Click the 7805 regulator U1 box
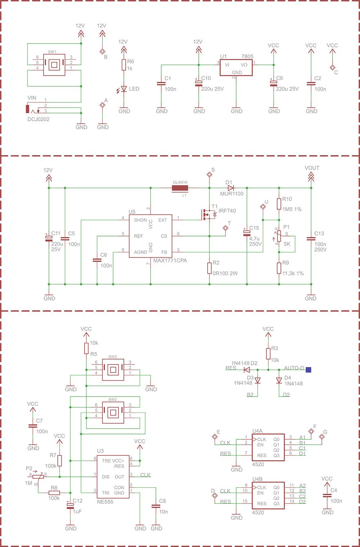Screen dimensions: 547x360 pyautogui.click(x=236, y=68)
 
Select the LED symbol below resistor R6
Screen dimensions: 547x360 pyautogui.click(x=124, y=89)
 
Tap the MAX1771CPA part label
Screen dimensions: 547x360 pyautogui.click(x=170, y=260)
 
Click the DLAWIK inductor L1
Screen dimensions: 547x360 pyautogui.click(x=180, y=187)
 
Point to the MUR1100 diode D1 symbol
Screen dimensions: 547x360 pyautogui.click(x=230, y=187)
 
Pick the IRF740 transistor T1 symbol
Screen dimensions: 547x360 pyautogui.click(x=208, y=215)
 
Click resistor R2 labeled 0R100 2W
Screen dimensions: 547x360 pyautogui.click(x=209, y=268)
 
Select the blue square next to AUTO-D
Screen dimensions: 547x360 pyautogui.click(x=309, y=369)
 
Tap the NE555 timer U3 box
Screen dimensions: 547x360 pyautogui.click(x=114, y=476)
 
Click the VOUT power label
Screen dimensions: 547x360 pyautogui.click(x=312, y=168)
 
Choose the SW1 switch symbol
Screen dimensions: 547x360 pyautogui.click(x=54, y=65)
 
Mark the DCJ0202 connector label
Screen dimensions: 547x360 pyautogui.click(x=39, y=119)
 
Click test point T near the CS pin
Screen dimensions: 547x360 pyautogui.click(x=226, y=228)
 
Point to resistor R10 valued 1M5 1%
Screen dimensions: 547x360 pyautogui.click(x=279, y=204)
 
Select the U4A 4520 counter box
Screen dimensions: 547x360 pyautogui.click(x=268, y=447)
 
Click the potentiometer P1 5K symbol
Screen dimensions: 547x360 pyautogui.click(x=279, y=236)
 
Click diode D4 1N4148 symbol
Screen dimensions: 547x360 pyautogui.click(x=279, y=380)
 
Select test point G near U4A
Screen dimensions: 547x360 pyautogui.click(x=322, y=437)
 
